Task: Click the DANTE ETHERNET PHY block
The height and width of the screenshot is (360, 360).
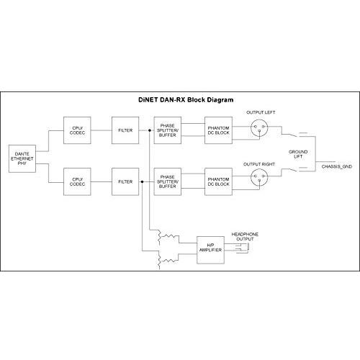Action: pyautogui.click(x=22, y=158)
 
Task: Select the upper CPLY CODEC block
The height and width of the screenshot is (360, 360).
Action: pyautogui.click(x=77, y=130)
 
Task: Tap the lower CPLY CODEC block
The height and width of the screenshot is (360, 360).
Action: pyautogui.click(x=77, y=181)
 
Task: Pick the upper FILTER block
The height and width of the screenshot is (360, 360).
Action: pyautogui.click(x=125, y=130)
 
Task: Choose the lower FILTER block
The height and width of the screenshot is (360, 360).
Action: pyautogui.click(x=125, y=181)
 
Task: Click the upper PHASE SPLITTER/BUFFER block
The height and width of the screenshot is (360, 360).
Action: pyautogui.click(x=168, y=130)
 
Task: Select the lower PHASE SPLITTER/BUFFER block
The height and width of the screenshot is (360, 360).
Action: pyautogui.click(x=168, y=181)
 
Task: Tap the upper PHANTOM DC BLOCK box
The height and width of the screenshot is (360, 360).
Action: pyautogui.click(x=218, y=130)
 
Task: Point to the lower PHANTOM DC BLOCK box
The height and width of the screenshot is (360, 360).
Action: pyautogui.click(x=218, y=181)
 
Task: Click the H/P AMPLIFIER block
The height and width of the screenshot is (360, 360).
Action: pyautogui.click(x=210, y=250)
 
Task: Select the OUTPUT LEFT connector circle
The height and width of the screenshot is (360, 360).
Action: pyautogui.click(x=259, y=127)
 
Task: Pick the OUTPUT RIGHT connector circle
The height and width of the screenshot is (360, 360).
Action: pyautogui.click(x=259, y=177)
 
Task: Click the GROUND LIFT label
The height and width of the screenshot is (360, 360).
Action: pyautogui.click(x=298, y=154)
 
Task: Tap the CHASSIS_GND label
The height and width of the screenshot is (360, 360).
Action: pyautogui.click(x=337, y=166)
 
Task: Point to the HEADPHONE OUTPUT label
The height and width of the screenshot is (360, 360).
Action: pyautogui.click(x=245, y=237)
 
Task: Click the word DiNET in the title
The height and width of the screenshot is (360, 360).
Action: pyautogui.click(x=148, y=100)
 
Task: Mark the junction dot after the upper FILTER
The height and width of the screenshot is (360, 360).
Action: pyautogui.click(x=150, y=130)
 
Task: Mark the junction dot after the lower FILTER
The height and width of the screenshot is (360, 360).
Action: pyautogui.click(x=142, y=182)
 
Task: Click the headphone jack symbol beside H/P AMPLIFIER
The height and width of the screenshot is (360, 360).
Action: pyautogui.click(x=243, y=248)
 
